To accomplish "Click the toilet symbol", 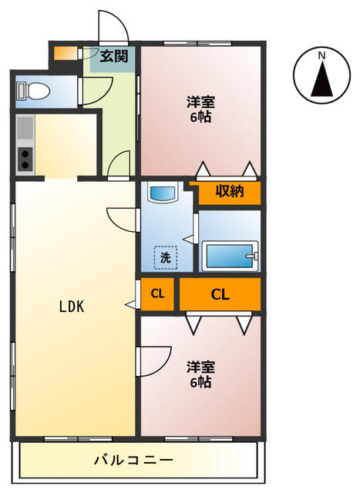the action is coord(33,90).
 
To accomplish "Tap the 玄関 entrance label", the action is coord(114,56).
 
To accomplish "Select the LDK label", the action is coord(72,307).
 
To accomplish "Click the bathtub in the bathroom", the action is coord(230,256).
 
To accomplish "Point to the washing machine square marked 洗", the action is coord(166,257).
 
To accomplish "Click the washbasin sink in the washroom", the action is coord(163,193).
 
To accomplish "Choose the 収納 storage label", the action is coord(230,191).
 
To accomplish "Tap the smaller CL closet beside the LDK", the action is coord(157,294).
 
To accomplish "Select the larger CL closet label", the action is coord(220,294).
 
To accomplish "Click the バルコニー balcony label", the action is coord(133,461).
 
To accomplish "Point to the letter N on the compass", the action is coord(321,56).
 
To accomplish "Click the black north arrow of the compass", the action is coord(321,79).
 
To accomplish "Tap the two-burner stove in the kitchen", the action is coord(25,159).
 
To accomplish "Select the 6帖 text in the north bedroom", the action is coord(200,118).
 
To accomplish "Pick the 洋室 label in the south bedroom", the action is coord(200,367).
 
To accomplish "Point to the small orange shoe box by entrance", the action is coord(66,53).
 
